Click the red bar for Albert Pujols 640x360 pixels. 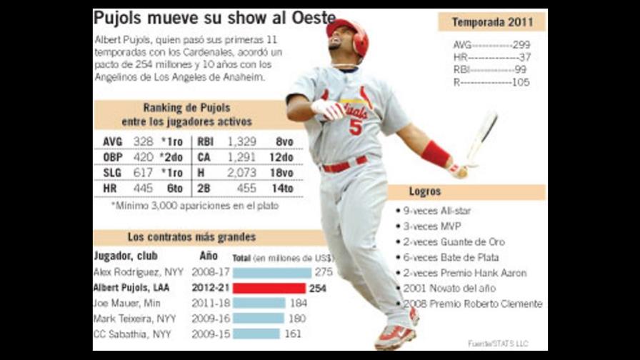tap(269, 288)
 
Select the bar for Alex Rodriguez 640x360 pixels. tap(271, 272)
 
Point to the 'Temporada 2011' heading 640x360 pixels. tap(491, 22)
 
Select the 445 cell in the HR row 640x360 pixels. tap(143, 188)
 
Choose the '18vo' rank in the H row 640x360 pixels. tap(285, 172)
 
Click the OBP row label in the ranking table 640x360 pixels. tap(112, 157)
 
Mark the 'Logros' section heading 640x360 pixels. tap(425, 191)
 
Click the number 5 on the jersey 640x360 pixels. tap(355, 126)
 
